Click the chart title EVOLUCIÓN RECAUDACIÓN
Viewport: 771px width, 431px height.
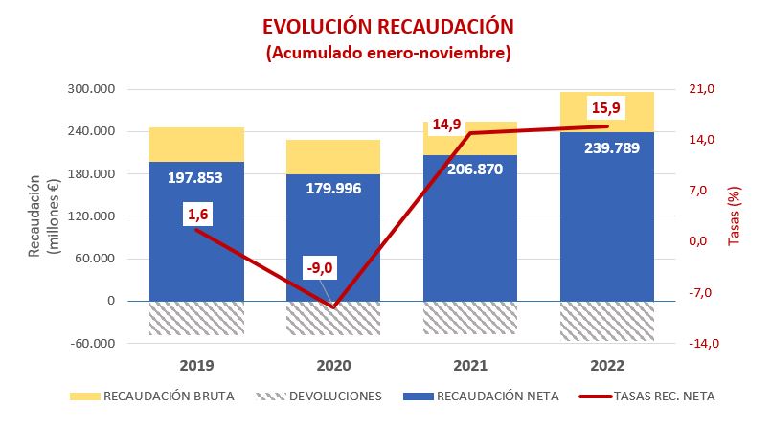(x=388, y=26)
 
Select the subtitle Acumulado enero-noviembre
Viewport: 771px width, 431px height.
(x=388, y=53)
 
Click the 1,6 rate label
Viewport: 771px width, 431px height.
(x=198, y=215)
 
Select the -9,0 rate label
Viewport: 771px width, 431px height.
(x=318, y=267)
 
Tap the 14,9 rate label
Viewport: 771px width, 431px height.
(x=446, y=125)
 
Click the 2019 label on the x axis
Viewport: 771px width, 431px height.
(x=196, y=366)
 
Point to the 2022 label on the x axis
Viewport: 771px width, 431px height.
(x=607, y=366)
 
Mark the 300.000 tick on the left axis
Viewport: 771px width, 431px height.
(x=94, y=90)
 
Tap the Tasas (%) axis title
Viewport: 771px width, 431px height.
(x=735, y=215)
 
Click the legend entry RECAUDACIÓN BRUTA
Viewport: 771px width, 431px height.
(x=169, y=396)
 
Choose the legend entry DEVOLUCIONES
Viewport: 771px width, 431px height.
(x=331, y=396)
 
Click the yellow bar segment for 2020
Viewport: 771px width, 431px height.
(x=333, y=156)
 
